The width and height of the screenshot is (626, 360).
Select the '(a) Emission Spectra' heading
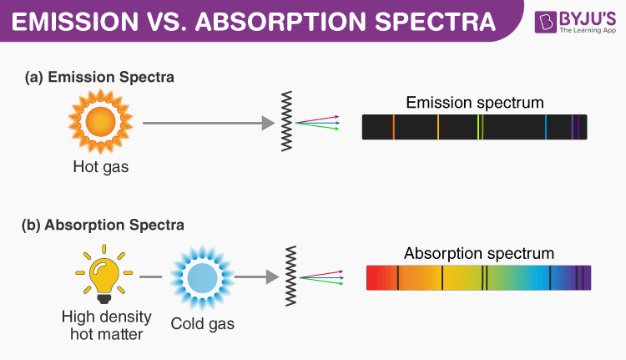pos(100,77)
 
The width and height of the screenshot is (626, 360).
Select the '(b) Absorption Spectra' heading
pos(104,225)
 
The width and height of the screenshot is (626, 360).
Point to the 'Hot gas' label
pos(100,168)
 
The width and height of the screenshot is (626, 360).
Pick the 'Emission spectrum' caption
pos(475,104)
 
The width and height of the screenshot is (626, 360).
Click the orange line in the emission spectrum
pos(393,127)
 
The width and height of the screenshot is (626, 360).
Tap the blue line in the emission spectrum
pos(546,127)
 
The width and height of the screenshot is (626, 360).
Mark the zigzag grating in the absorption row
pos(291,275)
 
